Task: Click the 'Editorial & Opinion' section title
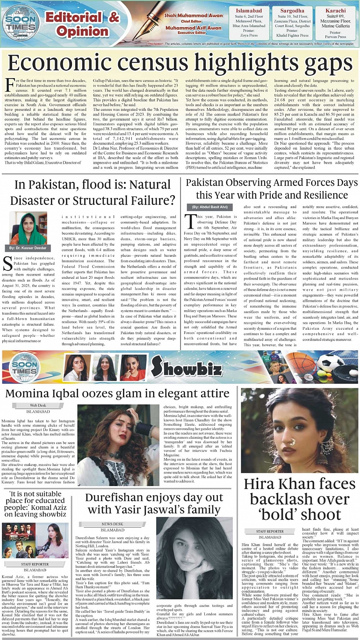(x=82, y=25)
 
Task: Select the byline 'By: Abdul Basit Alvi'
(x=208, y=206)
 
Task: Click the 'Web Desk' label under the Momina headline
(x=38, y=405)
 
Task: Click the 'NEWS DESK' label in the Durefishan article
(x=113, y=524)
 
